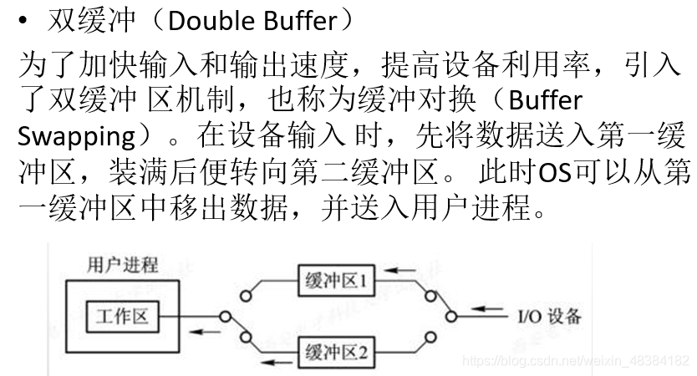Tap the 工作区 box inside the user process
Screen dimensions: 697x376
click(x=122, y=317)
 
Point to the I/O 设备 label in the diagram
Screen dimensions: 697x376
click(x=548, y=317)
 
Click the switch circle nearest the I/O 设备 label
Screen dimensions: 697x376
click(x=451, y=317)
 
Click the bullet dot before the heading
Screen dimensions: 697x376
click(x=26, y=20)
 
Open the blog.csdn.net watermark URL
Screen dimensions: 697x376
click(x=576, y=359)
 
